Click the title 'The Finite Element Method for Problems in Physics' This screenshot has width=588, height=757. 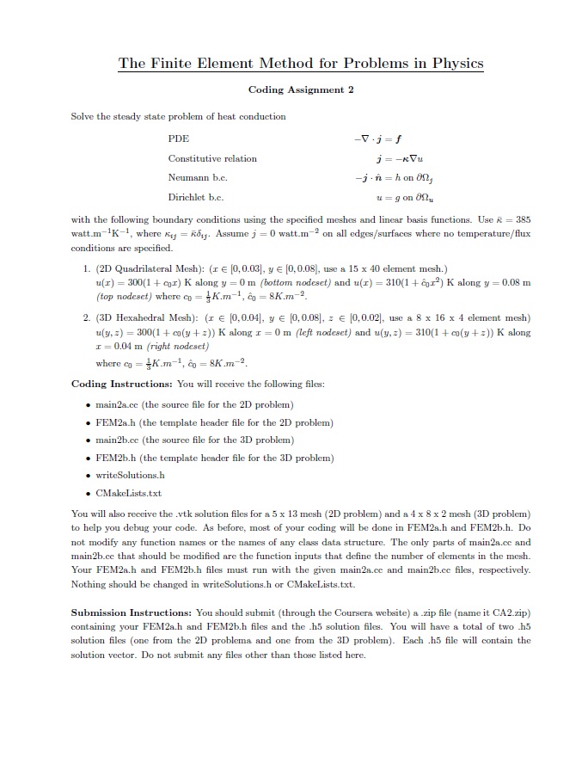pos(300,64)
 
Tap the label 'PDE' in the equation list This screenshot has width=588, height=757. pos(178,138)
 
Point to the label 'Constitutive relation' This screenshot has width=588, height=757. pos(211,158)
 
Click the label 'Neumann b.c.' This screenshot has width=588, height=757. pos(196,177)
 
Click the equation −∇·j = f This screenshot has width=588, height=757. pos(379,138)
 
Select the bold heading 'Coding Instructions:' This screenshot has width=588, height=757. pos(112,384)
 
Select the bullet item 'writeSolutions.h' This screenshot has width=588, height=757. pos(126,475)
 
